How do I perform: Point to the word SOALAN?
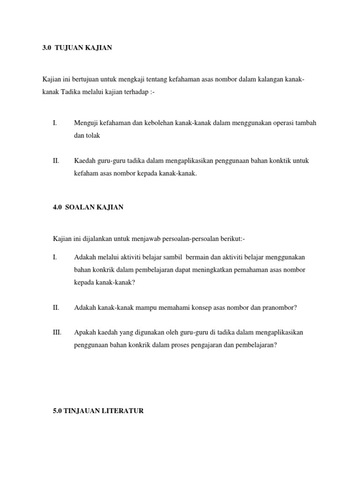click(82, 207)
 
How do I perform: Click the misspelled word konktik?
click(277, 161)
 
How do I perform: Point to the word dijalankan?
click(98, 240)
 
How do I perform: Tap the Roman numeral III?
click(57, 333)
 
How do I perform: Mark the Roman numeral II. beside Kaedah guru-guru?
click(56, 161)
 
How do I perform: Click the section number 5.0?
click(58, 411)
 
